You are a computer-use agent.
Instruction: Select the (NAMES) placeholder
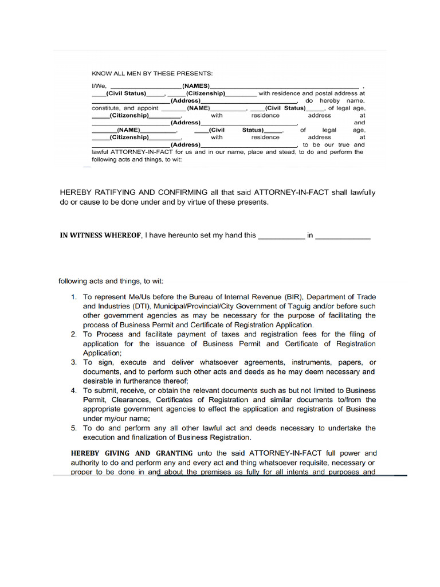pos(197,85)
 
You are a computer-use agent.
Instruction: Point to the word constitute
pos(105,108)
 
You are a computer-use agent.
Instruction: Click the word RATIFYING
pos(119,193)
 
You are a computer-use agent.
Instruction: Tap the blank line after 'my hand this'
pos(281,236)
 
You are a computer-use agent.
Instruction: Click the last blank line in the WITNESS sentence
pos(343,236)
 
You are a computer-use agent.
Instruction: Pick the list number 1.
pos(74,297)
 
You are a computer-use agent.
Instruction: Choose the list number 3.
pos(74,362)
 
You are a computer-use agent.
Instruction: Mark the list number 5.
pos(74,428)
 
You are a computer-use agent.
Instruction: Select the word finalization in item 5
pos(141,437)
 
